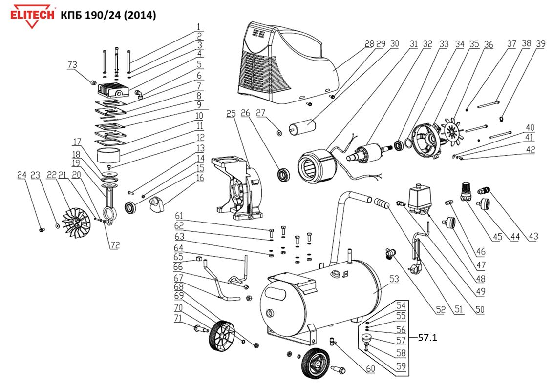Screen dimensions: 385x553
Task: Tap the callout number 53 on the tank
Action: (394, 279)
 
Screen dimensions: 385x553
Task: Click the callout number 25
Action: (231, 114)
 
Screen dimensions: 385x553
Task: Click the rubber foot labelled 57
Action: (366, 339)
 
